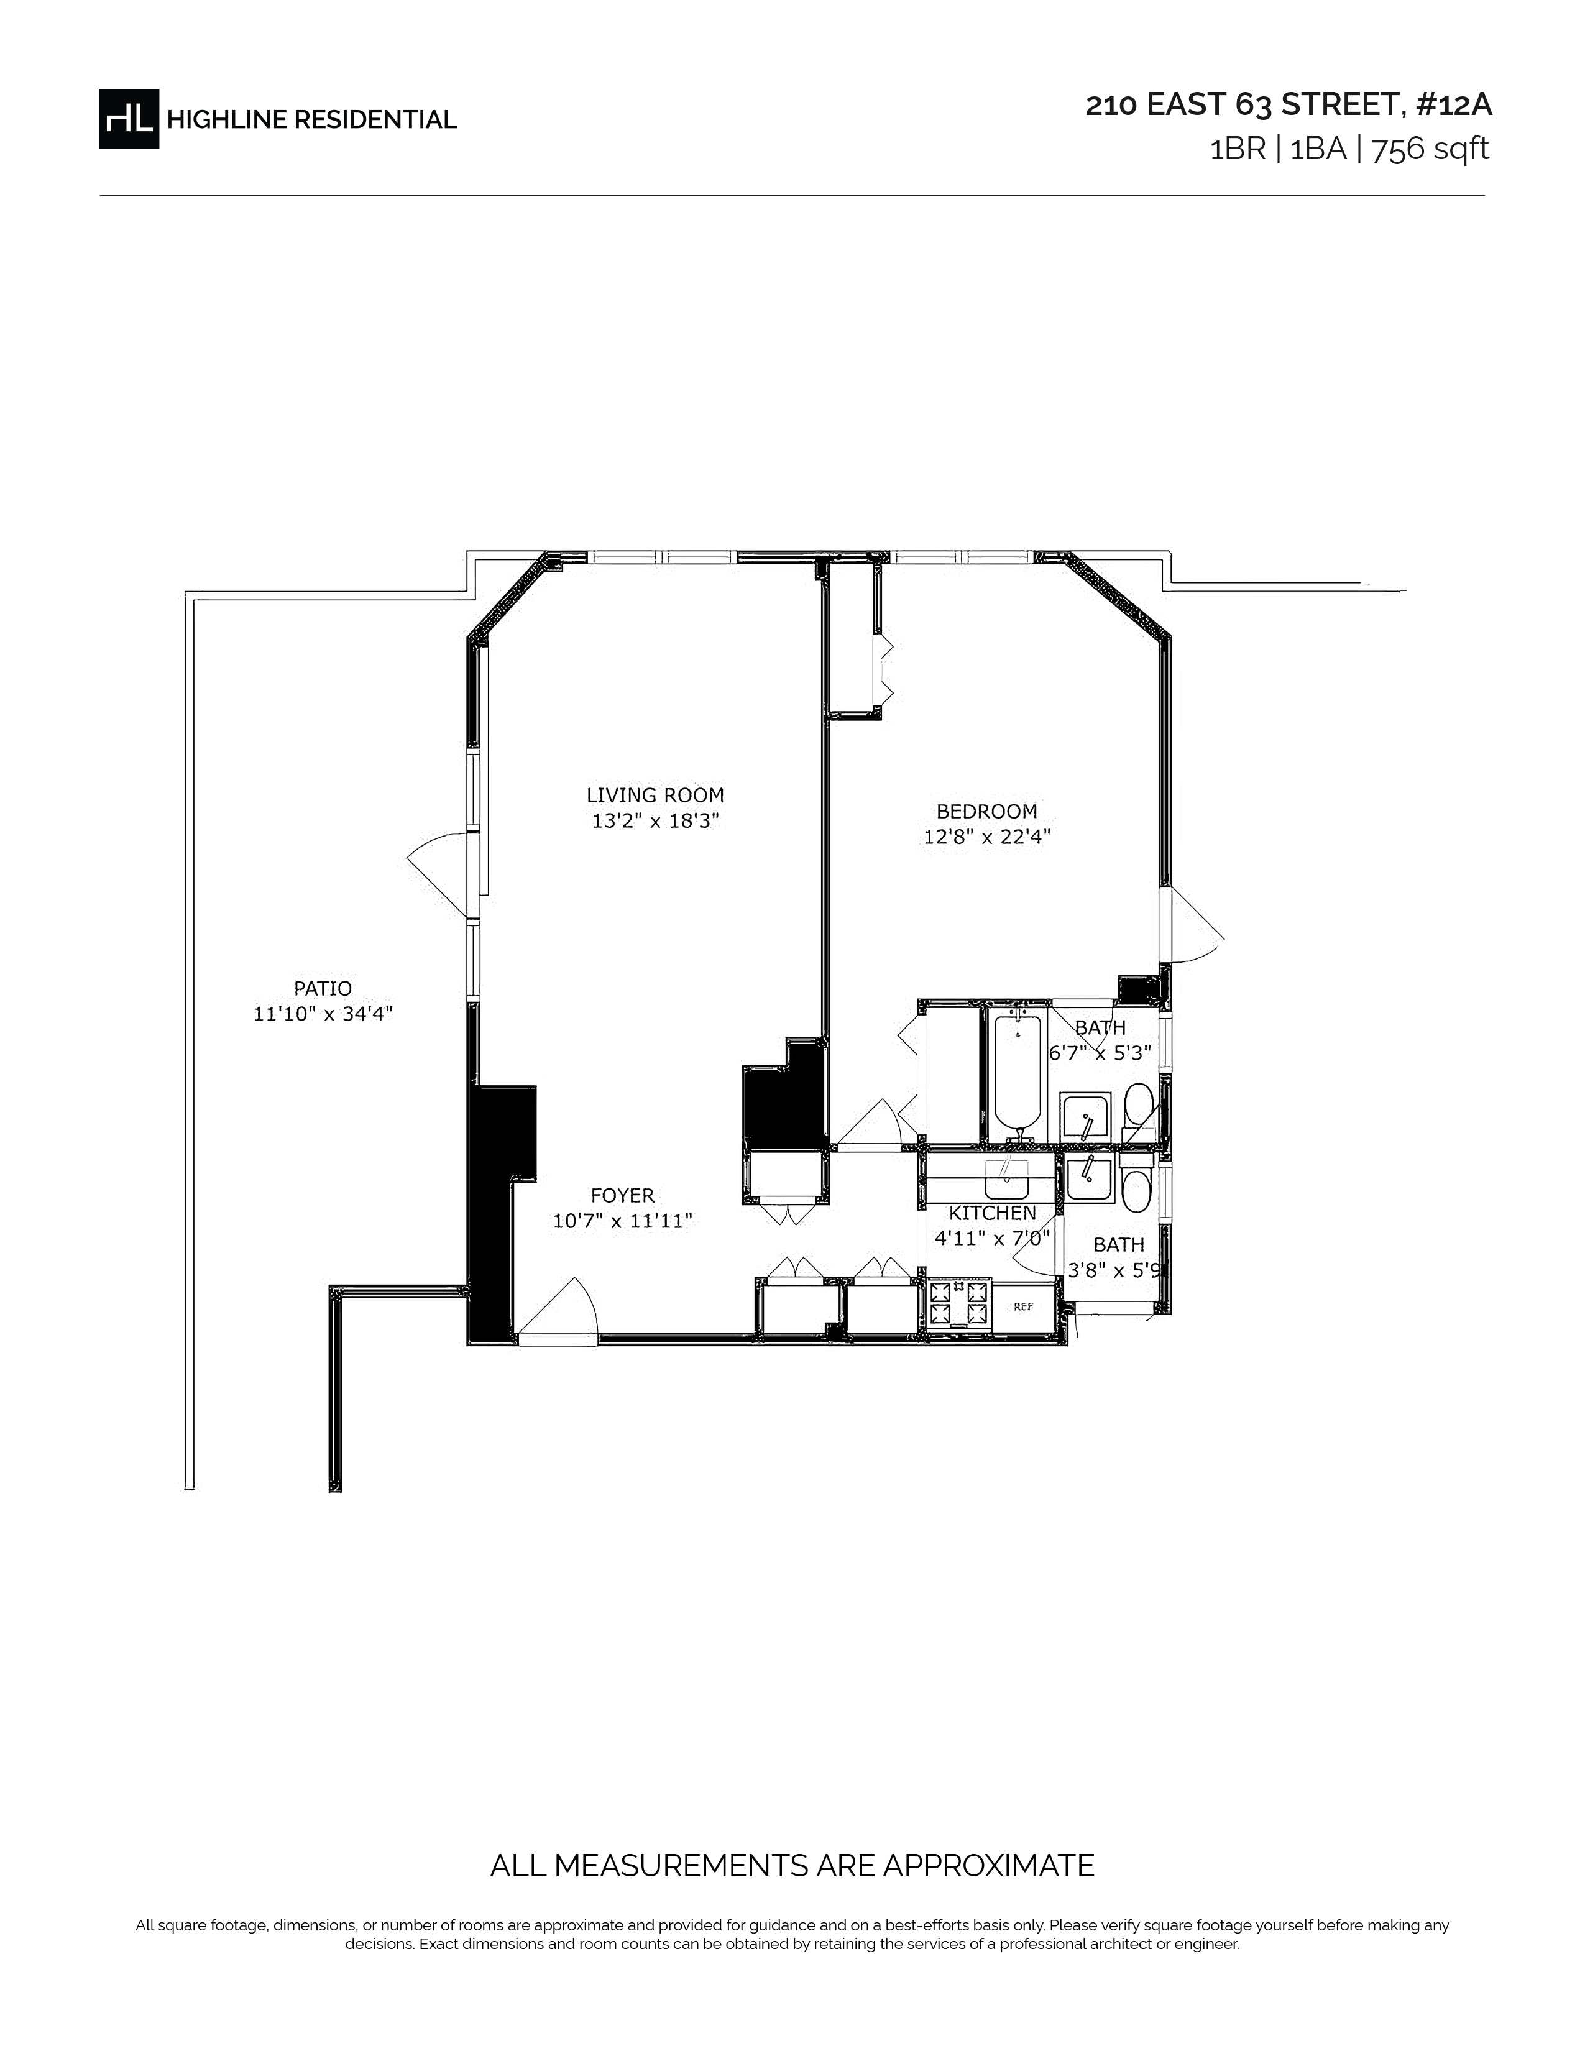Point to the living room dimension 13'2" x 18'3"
[655, 821]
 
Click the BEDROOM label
[987, 810]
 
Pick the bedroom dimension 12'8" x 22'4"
[987, 837]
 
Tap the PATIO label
[323, 988]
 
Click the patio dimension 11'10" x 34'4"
[323, 1014]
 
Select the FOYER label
[623, 1195]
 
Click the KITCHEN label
[993, 1213]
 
